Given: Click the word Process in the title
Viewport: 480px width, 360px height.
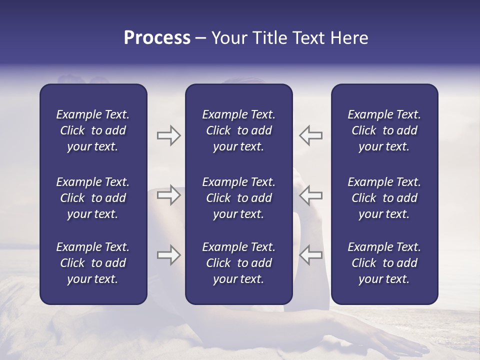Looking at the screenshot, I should click(x=157, y=38).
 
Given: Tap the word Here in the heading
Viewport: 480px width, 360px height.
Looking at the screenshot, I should click(x=348, y=38).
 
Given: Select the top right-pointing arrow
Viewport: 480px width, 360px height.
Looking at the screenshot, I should click(x=168, y=135).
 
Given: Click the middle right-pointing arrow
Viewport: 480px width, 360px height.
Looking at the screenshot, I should click(x=168, y=195).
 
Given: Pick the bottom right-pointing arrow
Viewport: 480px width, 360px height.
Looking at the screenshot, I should click(x=168, y=255).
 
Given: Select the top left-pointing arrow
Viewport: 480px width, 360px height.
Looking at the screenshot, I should click(x=311, y=135).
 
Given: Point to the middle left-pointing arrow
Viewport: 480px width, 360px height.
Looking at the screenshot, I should click(x=311, y=195).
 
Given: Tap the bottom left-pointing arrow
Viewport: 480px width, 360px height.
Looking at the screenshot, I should click(x=311, y=255).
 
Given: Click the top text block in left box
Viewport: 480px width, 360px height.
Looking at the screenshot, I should click(x=93, y=130).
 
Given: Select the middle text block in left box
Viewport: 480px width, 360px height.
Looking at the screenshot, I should click(x=93, y=198).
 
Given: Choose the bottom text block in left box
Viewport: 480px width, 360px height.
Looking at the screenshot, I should click(x=93, y=263).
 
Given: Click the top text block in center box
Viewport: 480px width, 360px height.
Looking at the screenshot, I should click(x=238, y=130).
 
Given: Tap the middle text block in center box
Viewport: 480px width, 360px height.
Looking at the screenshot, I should click(x=238, y=198).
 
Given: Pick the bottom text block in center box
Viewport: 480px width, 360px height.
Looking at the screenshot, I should click(x=238, y=263).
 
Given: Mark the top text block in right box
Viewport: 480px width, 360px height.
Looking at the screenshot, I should click(x=384, y=130).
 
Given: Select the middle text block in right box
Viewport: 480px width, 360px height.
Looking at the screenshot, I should click(x=384, y=198).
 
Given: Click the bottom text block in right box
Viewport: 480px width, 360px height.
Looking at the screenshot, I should click(x=384, y=263).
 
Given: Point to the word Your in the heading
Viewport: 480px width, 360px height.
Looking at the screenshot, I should click(x=229, y=38).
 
